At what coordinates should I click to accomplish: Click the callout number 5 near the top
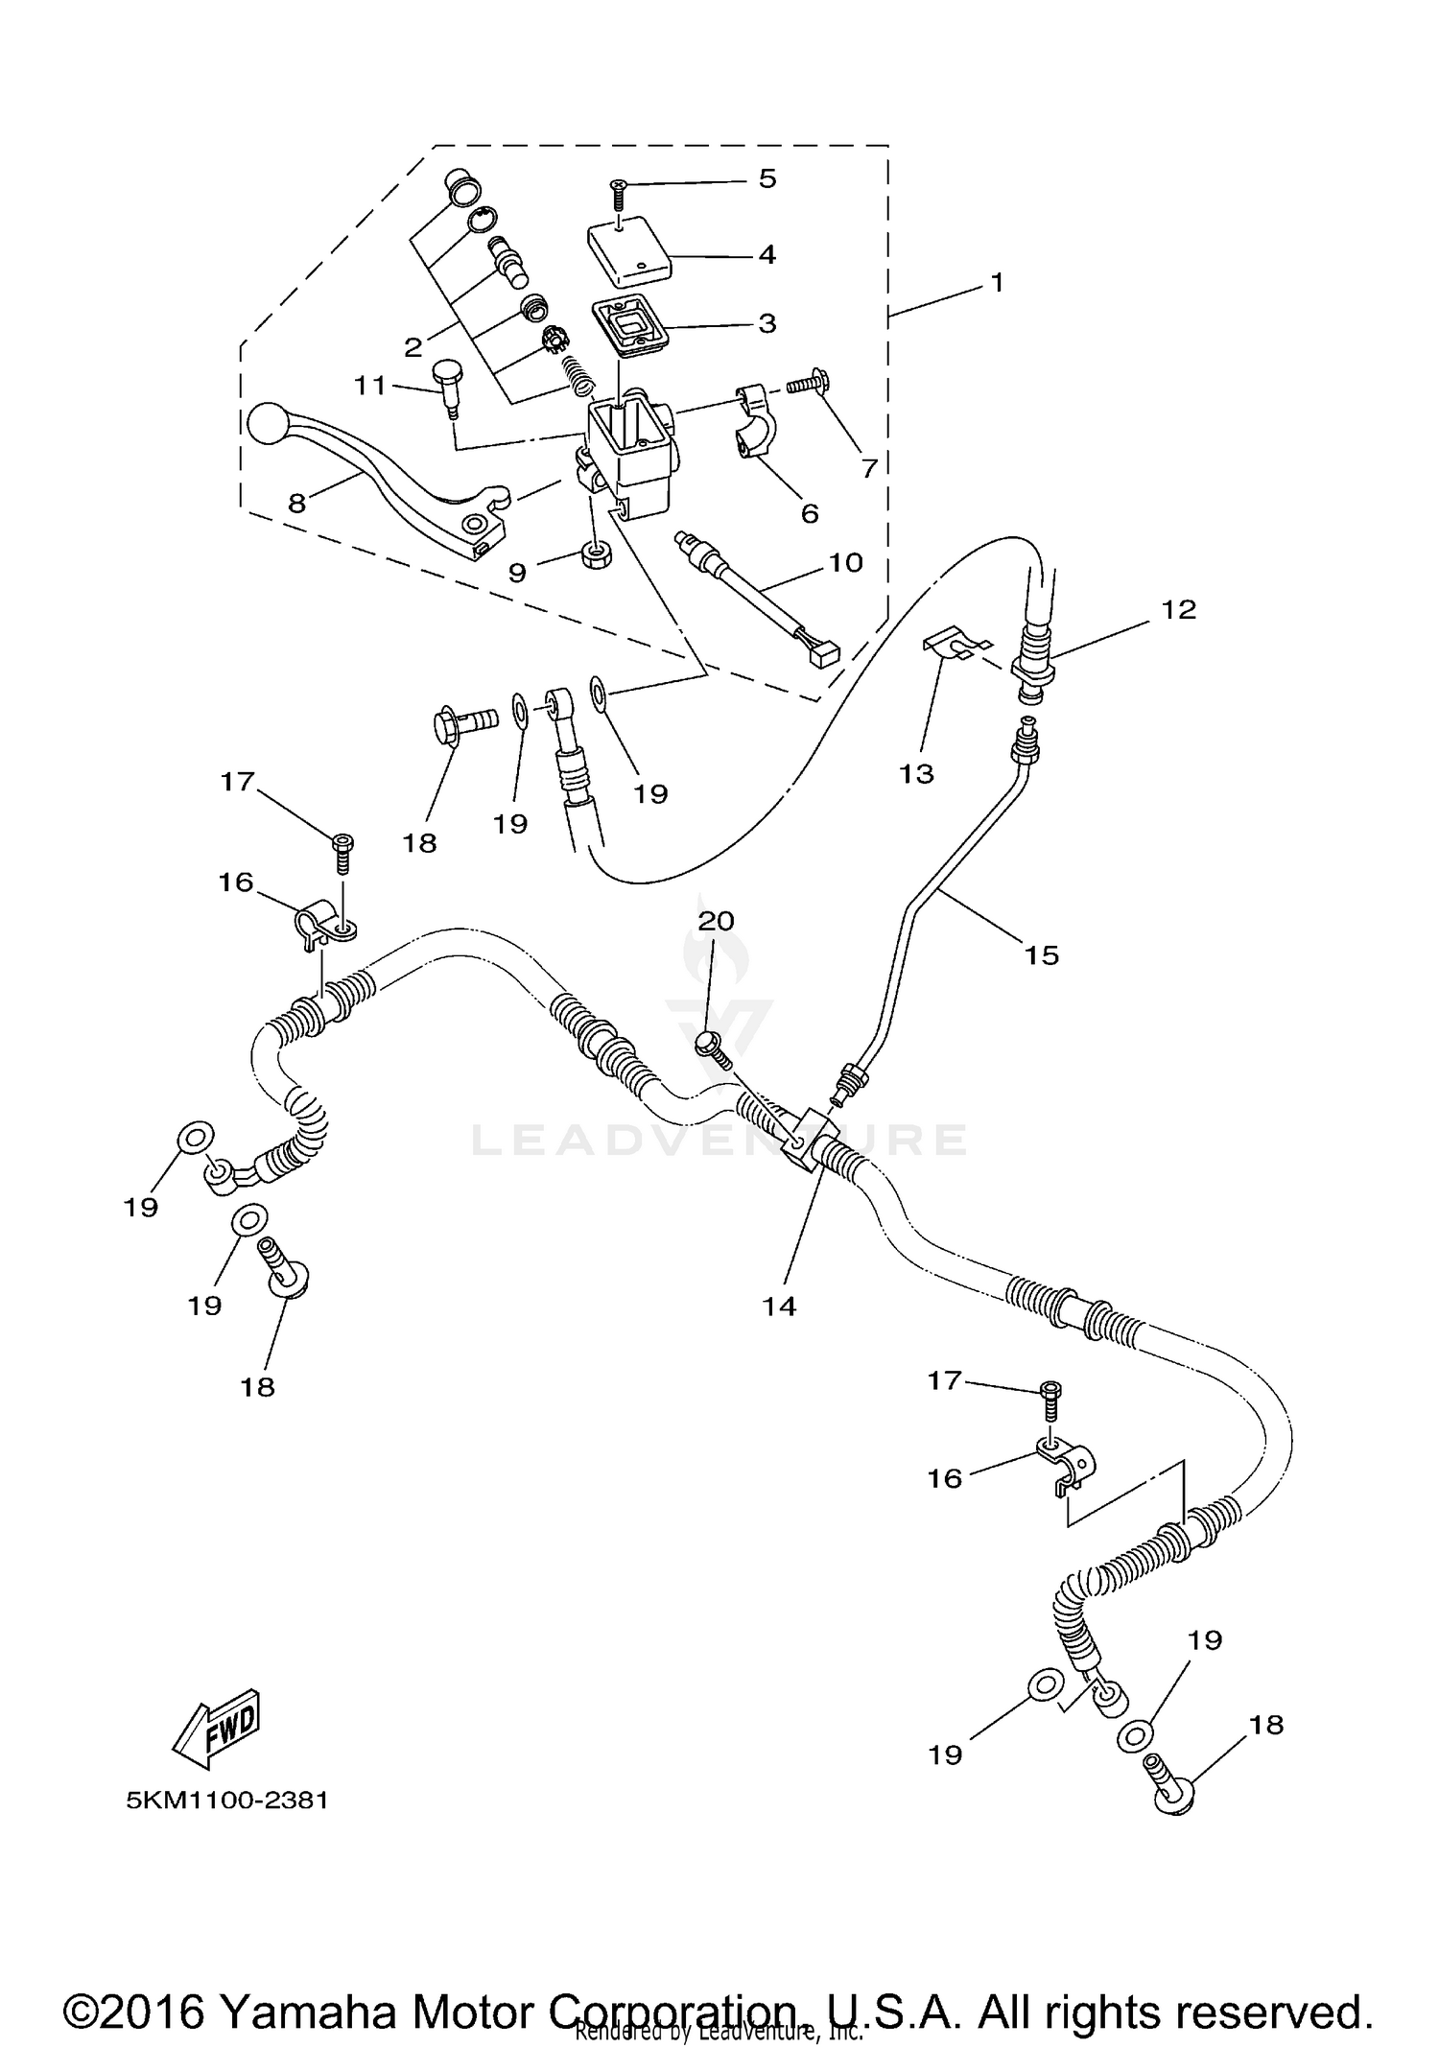[x=767, y=178]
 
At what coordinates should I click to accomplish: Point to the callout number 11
[x=369, y=386]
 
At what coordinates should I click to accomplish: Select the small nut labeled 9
[x=598, y=555]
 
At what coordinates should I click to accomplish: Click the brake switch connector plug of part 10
[x=824, y=654]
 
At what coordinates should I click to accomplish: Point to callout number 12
[x=1179, y=609]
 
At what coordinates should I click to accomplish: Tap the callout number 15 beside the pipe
[x=1041, y=954]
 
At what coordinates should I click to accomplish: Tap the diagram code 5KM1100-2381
[x=227, y=1801]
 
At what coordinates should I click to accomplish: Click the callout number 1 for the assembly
[x=997, y=283]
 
